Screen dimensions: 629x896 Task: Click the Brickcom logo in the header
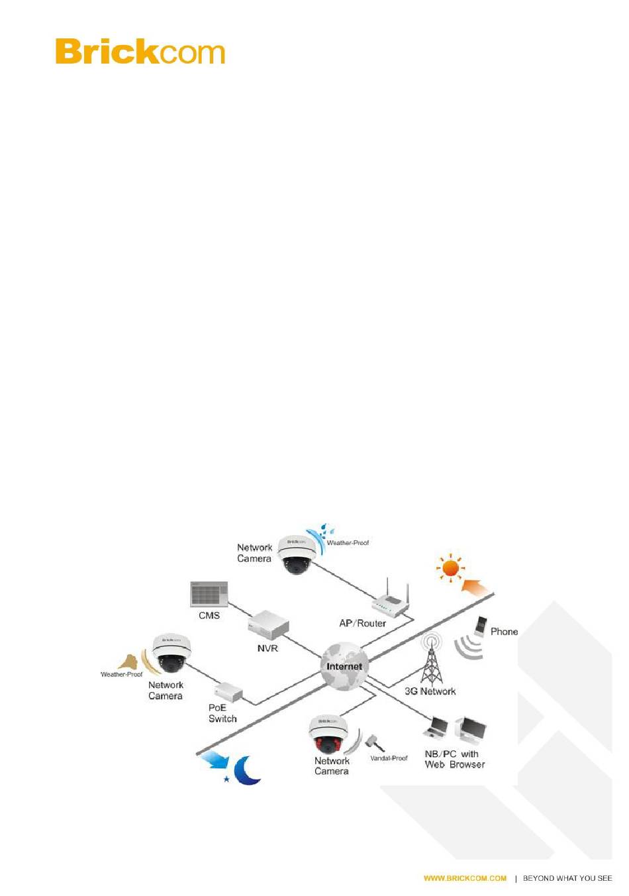(x=140, y=52)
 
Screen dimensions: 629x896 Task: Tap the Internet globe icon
(x=344, y=666)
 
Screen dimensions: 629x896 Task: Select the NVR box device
(x=269, y=624)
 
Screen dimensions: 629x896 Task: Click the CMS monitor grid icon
(x=209, y=594)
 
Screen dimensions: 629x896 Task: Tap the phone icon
(x=481, y=627)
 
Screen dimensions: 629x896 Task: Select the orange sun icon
(x=450, y=568)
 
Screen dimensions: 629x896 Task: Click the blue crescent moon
(x=248, y=771)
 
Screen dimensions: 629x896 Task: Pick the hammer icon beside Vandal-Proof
(x=375, y=742)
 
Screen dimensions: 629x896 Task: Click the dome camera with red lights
(x=328, y=734)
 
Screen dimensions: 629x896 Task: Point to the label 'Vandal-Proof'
(x=389, y=758)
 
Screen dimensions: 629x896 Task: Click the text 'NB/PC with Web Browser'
(x=454, y=759)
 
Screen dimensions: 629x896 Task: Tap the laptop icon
(x=436, y=728)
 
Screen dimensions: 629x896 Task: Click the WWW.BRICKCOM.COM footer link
(x=465, y=878)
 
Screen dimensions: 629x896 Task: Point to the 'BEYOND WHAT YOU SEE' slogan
(x=567, y=878)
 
